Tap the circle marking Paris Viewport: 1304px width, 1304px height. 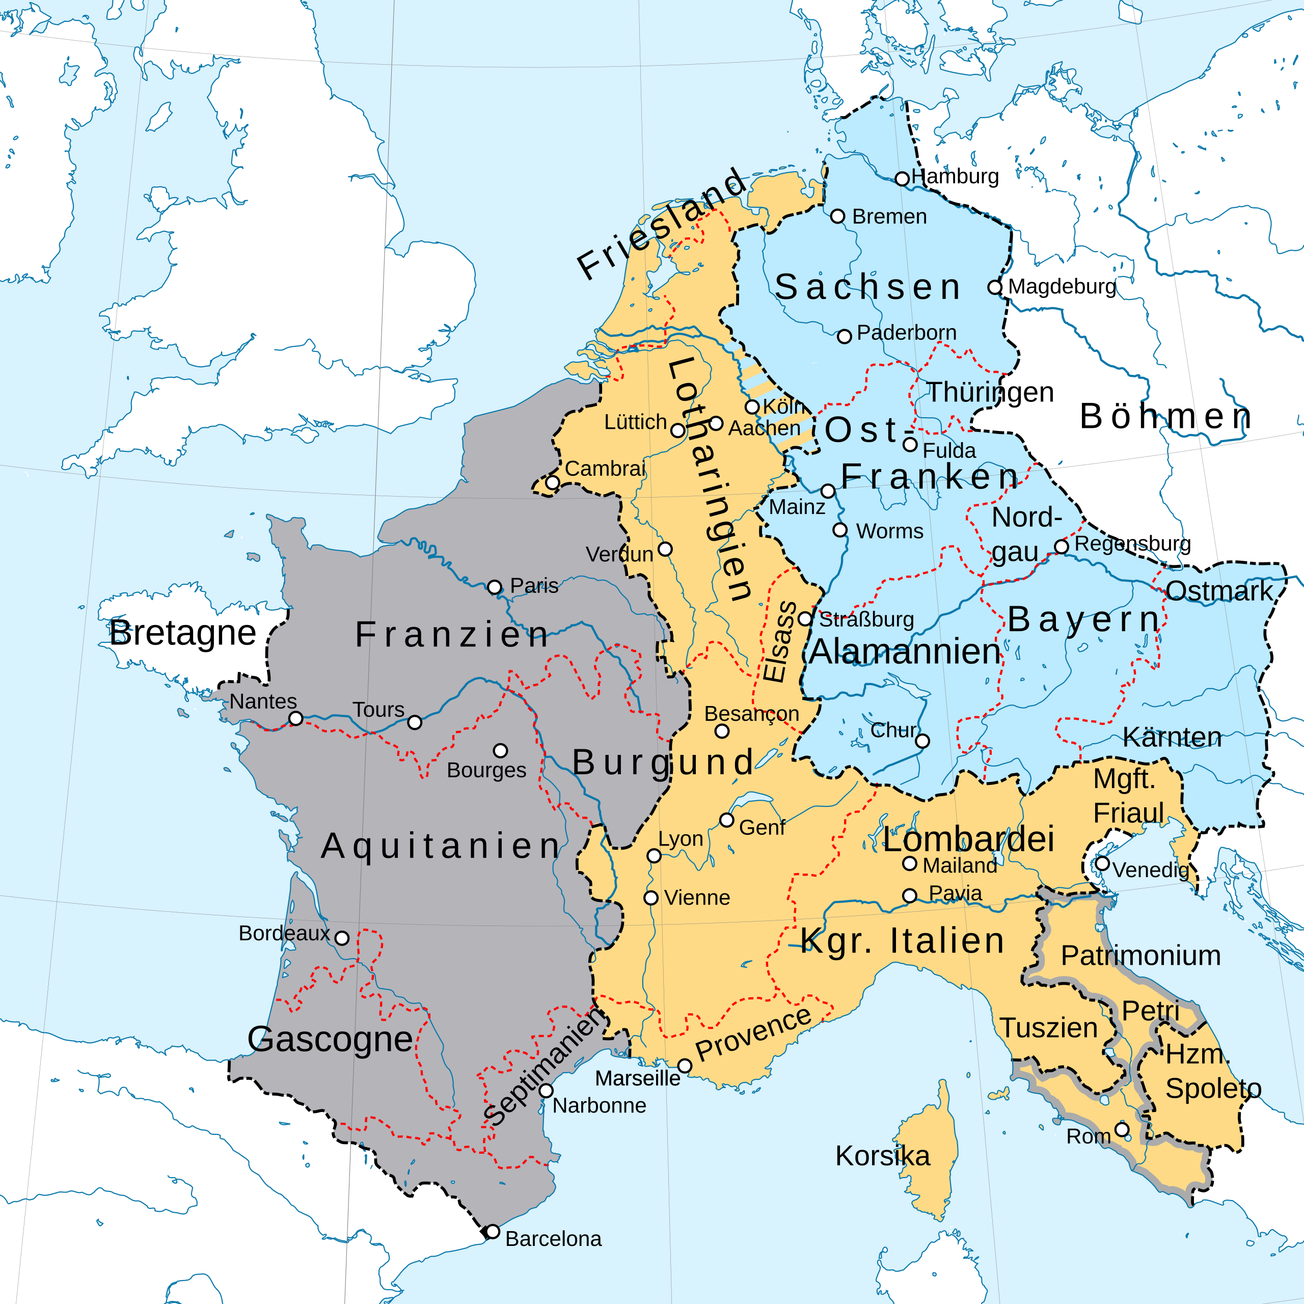[495, 587]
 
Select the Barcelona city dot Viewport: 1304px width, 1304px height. [493, 1232]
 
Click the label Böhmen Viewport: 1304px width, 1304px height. [1165, 417]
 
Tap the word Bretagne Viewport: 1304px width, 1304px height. [182, 633]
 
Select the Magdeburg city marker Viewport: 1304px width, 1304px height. [994, 287]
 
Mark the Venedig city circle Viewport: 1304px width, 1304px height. [1102, 863]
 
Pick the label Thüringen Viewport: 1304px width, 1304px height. [990, 392]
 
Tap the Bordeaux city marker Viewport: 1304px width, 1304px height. [342, 938]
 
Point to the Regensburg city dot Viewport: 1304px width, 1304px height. [1062, 546]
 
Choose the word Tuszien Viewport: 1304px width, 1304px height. [1048, 1028]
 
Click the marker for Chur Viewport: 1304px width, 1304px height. [922, 741]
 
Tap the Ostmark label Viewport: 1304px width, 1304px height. [1218, 591]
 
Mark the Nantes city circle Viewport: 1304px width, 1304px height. [295, 719]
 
